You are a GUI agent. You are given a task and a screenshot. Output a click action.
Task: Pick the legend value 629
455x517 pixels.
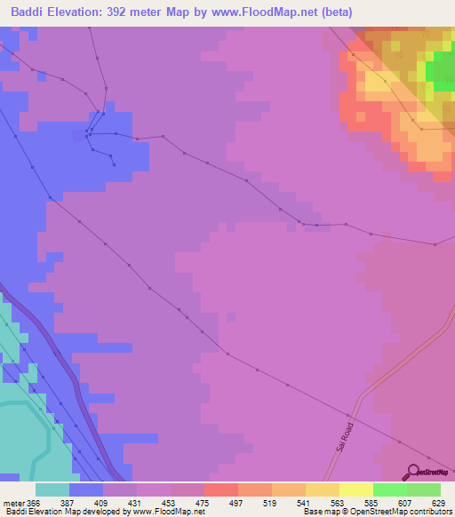point(439,502)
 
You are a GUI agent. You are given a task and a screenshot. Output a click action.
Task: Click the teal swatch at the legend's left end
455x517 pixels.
point(52,489)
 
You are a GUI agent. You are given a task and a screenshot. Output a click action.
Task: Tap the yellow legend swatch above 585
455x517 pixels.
point(356,489)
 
